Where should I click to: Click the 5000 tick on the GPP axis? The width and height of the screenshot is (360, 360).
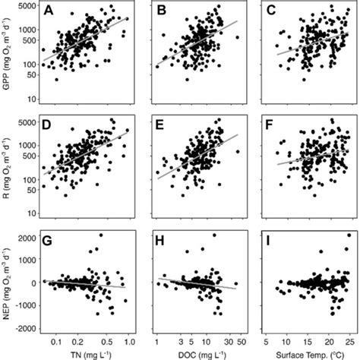[27, 7]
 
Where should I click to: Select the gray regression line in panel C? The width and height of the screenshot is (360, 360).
[304, 44]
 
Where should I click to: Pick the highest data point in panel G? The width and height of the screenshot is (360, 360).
[99, 235]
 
